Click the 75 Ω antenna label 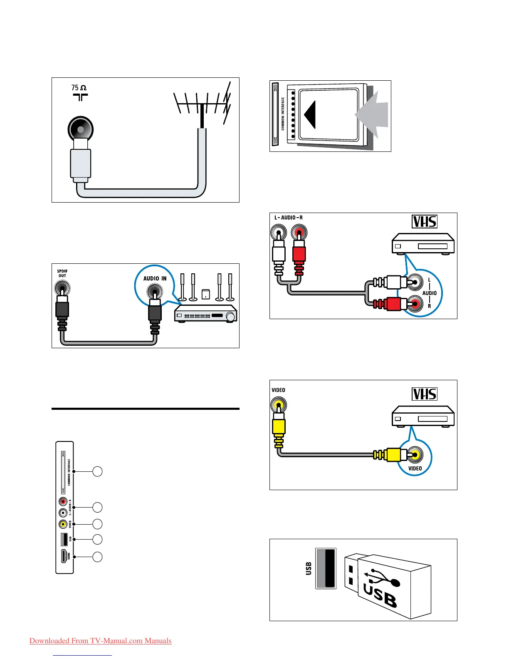(x=79, y=88)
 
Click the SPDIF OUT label (x=62, y=273)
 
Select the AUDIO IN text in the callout (x=155, y=278)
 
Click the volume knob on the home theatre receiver (x=230, y=316)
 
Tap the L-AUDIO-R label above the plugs (x=288, y=218)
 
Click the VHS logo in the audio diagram (x=425, y=221)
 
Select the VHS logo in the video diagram (x=425, y=394)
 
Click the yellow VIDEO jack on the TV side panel (x=63, y=524)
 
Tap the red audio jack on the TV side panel (x=63, y=502)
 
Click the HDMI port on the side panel (x=64, y=556)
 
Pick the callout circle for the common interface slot (x=97, y=471)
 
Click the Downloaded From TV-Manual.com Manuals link (x=100, y=641)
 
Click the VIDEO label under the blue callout (x=415, y=468)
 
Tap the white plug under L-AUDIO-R (x=279, y=254)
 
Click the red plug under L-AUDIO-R (x=299, y=254)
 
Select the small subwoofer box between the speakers (x=206, y=294)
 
